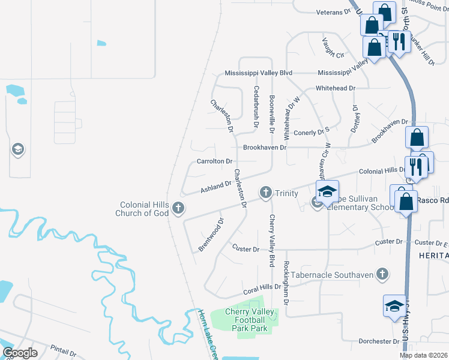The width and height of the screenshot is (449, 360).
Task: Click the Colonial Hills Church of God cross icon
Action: pos(178,208)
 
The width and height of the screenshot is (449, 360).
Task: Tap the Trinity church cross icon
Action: pos(266,193)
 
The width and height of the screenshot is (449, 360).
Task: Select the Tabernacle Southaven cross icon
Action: pos(381,274)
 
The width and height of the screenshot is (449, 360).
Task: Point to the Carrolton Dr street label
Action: pos(214,161)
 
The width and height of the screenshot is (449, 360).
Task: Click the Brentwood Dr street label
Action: pos(211,235)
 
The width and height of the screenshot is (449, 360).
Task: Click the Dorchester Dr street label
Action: pos(379,341)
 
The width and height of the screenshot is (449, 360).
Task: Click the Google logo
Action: pos(20,353)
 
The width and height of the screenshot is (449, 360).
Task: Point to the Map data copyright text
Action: pos(423,355)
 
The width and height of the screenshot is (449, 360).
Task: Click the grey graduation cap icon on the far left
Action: pos(17,149)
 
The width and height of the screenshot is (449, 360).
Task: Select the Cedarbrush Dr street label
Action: pos(256,106)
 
